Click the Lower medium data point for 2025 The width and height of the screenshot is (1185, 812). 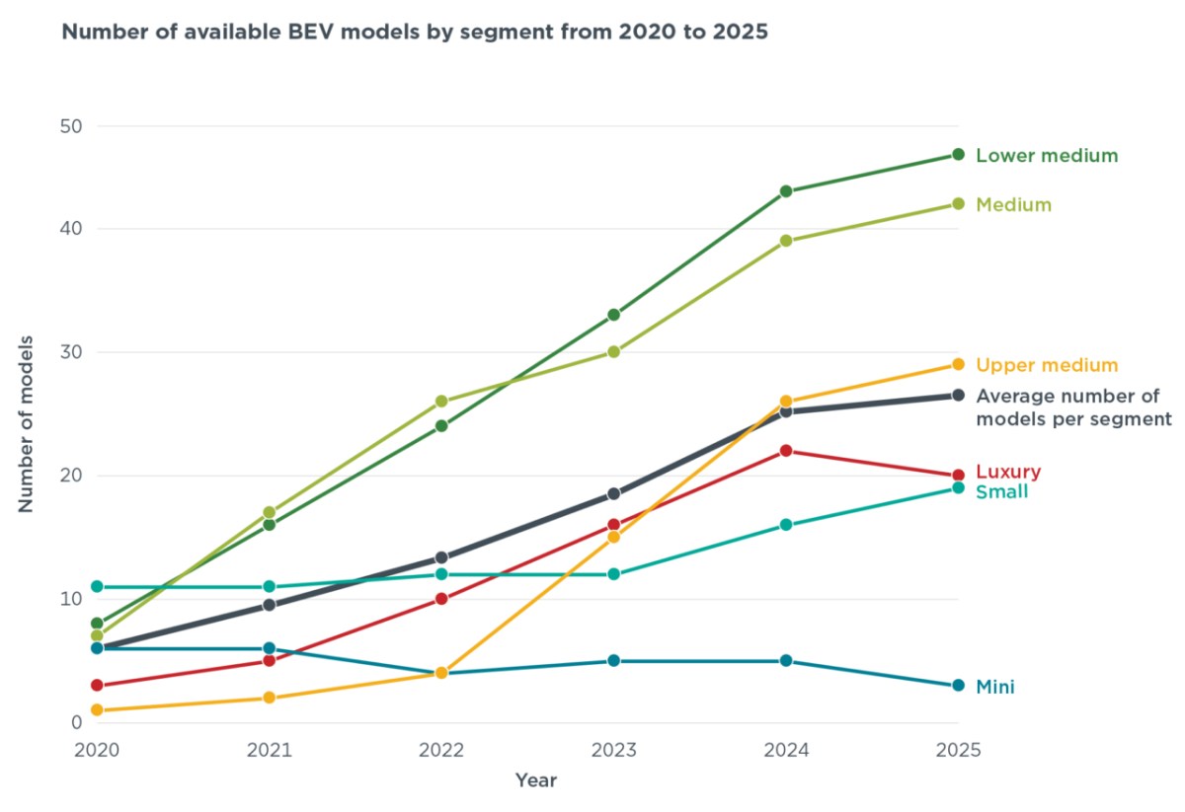point(958,154)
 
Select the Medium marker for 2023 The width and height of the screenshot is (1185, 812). point(613,351)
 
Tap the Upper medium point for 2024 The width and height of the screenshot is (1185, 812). point(786,402)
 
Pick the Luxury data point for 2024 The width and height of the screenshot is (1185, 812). point(786,451)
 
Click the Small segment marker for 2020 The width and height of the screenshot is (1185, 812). point(97,586)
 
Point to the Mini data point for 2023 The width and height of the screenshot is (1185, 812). point(613,660)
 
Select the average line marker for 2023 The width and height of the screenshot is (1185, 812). point(613,493)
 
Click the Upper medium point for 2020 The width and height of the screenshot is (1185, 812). point(97,709)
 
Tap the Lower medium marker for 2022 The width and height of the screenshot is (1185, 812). point(441,425)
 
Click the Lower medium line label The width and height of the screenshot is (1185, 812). point(1047,156)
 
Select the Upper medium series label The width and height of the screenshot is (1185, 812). point(1047,365)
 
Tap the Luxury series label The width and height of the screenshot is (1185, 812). point(1008,471)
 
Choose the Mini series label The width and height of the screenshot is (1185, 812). point(995,687)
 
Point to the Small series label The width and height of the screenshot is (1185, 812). point(1001,491)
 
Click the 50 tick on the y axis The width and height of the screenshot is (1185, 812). point(71,126)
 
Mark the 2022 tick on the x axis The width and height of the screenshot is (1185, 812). point(441,750)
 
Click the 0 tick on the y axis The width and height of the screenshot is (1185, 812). point(77,722)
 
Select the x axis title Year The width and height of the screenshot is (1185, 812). point(536,780)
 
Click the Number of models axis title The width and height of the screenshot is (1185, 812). point(26,424)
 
